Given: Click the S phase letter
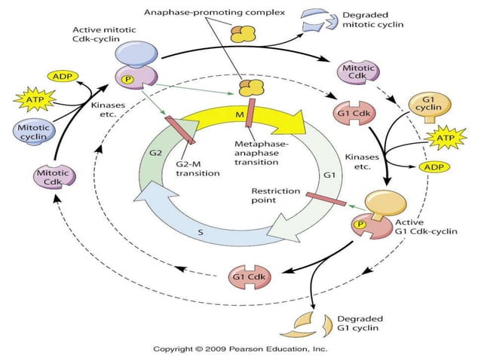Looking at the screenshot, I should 200,233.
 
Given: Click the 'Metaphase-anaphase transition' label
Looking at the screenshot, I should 259,157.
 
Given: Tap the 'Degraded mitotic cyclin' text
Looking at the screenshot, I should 372,19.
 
